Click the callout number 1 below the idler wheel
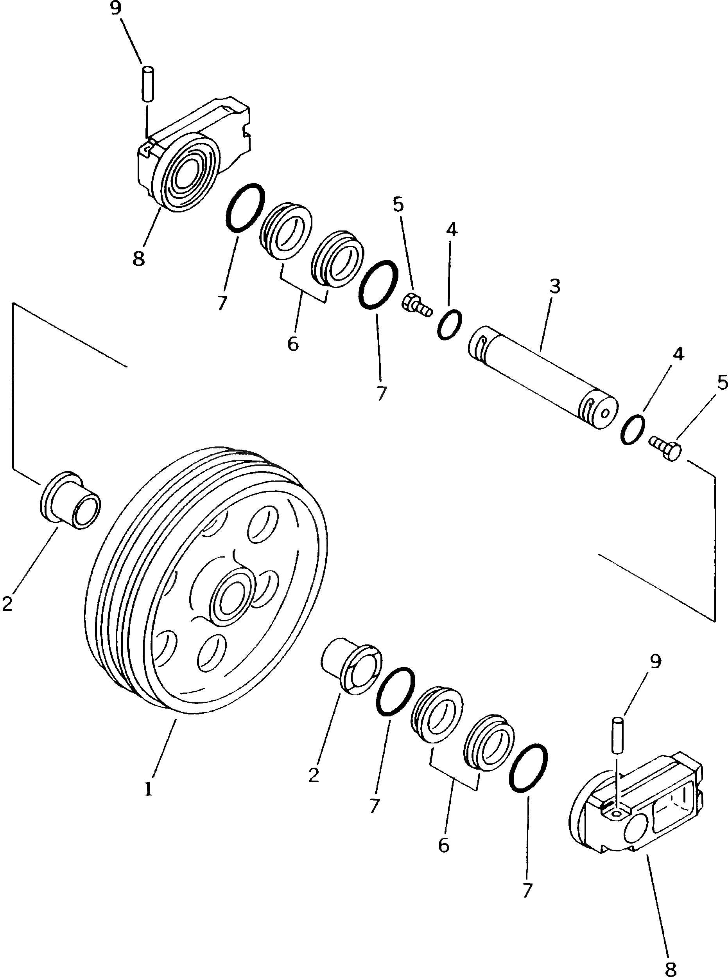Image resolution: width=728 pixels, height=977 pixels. (x=148, y=788)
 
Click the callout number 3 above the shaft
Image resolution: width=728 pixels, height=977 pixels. (x=554, y=286)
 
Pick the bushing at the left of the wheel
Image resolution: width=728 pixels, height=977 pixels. (x=70, y=500)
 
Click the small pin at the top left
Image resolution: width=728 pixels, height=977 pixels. (x=148, y=84)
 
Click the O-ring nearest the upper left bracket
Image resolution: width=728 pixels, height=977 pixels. (x=245, y=207)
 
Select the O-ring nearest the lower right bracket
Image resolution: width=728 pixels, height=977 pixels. (x=528, y=768)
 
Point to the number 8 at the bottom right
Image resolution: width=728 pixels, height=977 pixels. (x=670, y=966)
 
